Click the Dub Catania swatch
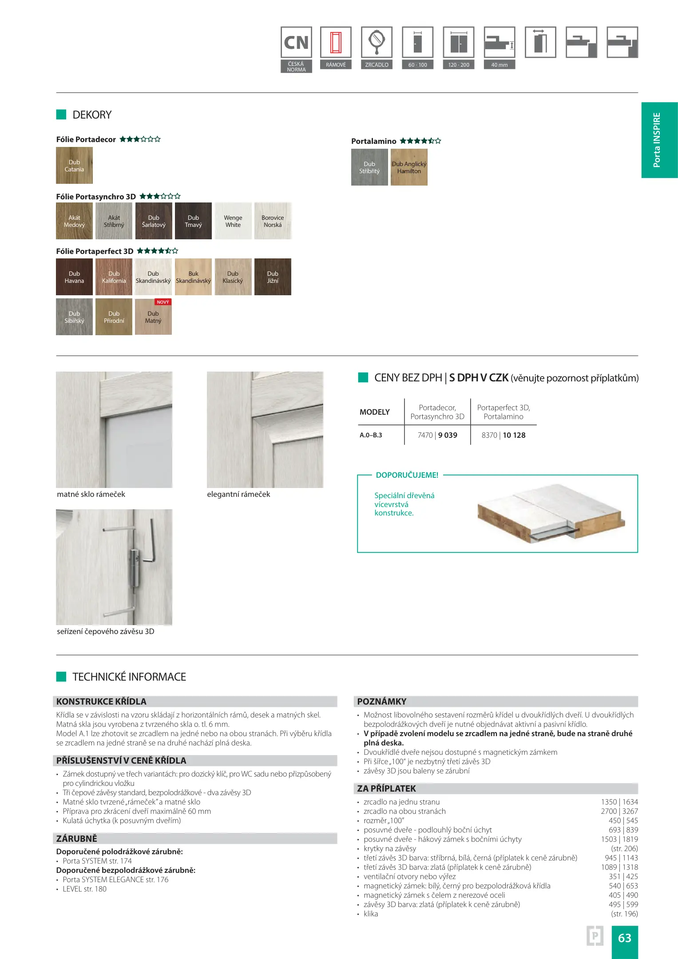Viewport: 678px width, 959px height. tap(74, 166)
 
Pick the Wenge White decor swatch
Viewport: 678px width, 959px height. tap(233, 221)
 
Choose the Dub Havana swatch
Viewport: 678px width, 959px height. tap(74, 277)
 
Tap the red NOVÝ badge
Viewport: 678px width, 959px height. tap(163, 302)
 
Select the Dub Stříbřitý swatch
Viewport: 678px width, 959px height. tap(369, 167)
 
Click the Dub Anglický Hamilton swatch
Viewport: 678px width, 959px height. tap(409, 167)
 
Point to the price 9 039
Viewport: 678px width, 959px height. tap(448, 435)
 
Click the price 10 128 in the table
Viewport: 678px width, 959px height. tap(514, 435)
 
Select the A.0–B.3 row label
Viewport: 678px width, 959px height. tap(371, 435)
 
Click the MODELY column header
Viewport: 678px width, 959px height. tap(375, 412)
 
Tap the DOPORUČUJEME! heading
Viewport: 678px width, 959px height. tap(407, 475)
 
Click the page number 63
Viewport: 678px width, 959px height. tap(625, 938)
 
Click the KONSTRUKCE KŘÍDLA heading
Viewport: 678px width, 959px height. tap(101, 701)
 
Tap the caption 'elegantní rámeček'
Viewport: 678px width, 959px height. tap(238, 494)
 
